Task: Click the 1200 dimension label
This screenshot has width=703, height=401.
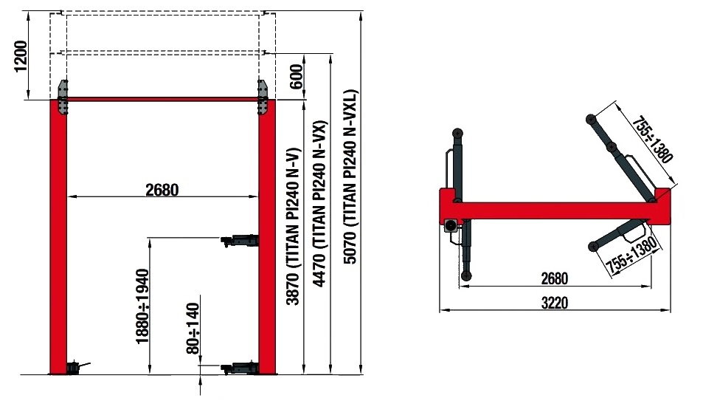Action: click(x=21, y=57)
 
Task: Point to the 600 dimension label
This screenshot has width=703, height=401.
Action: click(x=296, y=76)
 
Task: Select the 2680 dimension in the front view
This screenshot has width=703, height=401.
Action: click(x=162, y=190)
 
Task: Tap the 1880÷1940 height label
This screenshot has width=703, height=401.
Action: click(x=142, y=306)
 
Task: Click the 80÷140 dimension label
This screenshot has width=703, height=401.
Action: click(x=193, y=329)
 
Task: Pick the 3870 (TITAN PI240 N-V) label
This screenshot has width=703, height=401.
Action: click(x=294, y=226)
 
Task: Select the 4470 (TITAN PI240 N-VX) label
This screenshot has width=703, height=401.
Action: click(x=320, y=203)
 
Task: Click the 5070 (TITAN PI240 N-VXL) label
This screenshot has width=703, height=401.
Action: click(x=350, y=177)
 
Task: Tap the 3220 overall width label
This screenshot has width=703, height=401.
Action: click(x=555, y=303)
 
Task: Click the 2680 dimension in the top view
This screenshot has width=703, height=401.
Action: click(x=555, y=278)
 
